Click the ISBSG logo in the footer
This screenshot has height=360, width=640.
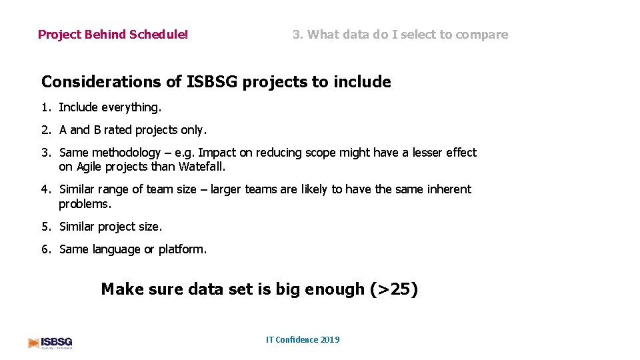tap(50, 342)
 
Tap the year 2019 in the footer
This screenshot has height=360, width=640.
tap(330, 340)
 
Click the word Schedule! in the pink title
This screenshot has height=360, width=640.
tap(159, 35)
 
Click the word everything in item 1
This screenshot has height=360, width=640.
tap(131, 107)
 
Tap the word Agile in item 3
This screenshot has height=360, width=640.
tap(91, 167)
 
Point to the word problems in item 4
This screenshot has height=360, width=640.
tap(85, 204)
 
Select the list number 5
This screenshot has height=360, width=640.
tap(46, 227)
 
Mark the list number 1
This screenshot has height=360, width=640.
tap(46, 107)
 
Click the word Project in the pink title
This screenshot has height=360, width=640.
tap(59, 35)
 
